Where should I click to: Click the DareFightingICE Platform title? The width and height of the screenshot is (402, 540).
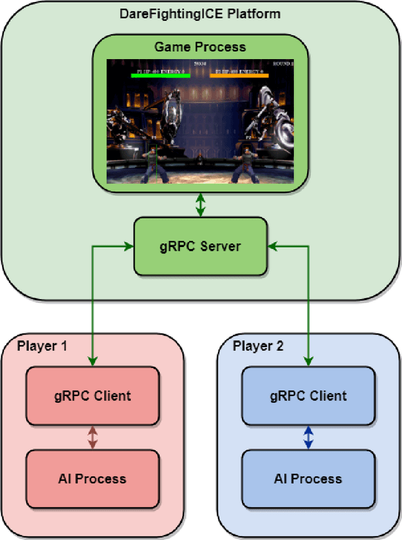200,13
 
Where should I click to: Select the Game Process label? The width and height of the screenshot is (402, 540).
200,47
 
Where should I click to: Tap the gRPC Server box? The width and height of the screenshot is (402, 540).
200,246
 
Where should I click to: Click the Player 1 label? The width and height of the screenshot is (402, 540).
42,346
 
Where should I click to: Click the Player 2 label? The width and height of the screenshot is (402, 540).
258,346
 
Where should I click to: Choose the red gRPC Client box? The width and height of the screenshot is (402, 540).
92,396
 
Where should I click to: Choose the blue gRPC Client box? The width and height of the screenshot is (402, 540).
308,396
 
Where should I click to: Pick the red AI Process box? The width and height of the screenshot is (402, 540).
92,478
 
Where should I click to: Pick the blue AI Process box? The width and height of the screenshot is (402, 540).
308,478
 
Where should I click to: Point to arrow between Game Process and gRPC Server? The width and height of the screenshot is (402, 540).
200,206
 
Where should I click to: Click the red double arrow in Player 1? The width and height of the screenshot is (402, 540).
92,438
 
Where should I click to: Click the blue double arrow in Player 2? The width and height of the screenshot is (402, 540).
308,438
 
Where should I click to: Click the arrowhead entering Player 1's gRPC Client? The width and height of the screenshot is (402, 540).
92,361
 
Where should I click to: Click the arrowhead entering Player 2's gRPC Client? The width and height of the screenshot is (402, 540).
308,361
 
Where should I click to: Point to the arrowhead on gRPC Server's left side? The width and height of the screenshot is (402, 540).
130,246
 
